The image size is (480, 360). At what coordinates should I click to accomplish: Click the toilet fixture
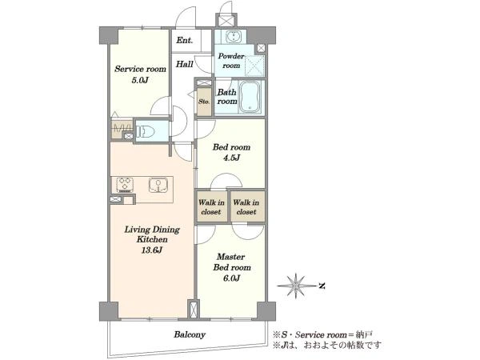tap(145, 132)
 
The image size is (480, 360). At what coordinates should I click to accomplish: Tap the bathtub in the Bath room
tap(250, 97)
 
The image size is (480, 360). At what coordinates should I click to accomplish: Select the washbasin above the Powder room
tap(234, 37)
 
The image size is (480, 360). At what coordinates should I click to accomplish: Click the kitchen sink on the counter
tap(158, 186)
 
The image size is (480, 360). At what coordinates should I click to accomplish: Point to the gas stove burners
tap(125, 185)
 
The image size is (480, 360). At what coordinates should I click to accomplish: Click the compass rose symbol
tap(296, 286)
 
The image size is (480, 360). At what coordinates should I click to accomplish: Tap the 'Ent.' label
tap(185, 40)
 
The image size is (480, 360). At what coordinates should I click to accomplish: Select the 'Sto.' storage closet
tap(204, 102)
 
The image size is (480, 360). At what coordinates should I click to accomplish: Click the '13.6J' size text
tap(152, 250)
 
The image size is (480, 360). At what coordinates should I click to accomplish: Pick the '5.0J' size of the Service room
tap(140, 81)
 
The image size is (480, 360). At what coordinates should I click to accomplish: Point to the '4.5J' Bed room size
tap(231, 158)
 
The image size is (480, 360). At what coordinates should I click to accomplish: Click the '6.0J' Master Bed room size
tap(231, 278)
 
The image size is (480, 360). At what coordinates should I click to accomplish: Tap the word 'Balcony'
tap(190, 334)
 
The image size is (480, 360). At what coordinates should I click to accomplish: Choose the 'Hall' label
tap(184, 64)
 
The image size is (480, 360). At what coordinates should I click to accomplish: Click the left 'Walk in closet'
tap(211, 207)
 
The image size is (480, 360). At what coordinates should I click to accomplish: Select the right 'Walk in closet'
tap(246, 207)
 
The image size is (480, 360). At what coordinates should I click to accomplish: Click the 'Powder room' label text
tap(231, 61)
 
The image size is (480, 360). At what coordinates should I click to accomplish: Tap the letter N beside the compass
tap(322, 286)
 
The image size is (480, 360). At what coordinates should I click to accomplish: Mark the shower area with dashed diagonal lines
tap(254, 66)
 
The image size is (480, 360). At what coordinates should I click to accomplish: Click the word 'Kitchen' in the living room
tap(152, 239)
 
